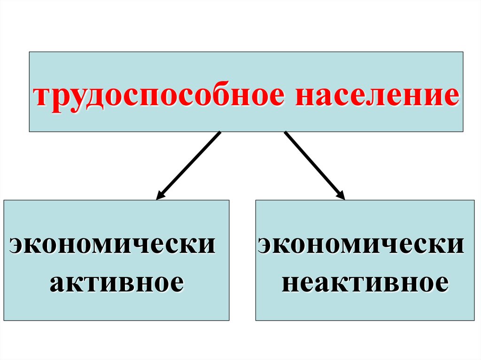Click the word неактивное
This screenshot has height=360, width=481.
364,283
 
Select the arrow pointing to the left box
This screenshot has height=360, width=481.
188,165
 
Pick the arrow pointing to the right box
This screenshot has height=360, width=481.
315,165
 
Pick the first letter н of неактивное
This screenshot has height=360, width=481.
289,283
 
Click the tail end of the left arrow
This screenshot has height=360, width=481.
219,133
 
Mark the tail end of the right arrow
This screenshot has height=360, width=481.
286,133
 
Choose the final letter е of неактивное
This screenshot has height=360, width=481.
440,283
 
